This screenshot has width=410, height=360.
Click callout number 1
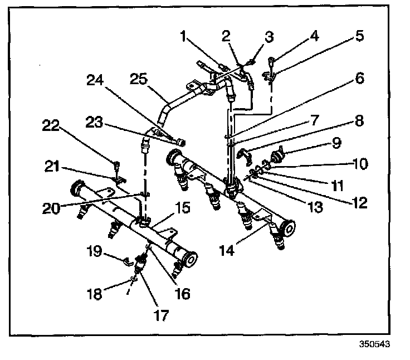(184, 38)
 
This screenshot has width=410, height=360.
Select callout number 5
(359, 37)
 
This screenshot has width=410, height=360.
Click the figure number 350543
(373, 344)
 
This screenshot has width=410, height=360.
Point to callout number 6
(358, 79)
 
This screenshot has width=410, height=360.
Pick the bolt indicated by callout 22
(116, 166)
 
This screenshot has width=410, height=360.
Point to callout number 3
(269, 37)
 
